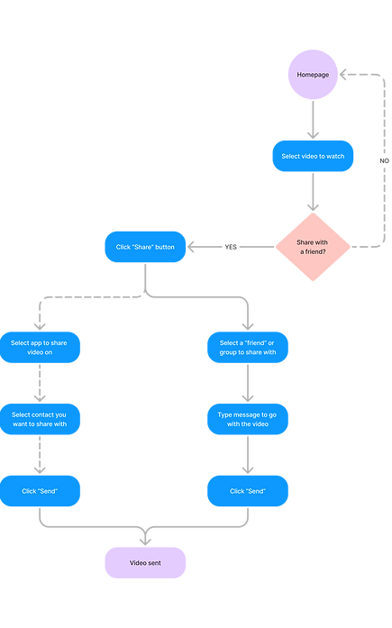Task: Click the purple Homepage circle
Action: (x=314, y=75)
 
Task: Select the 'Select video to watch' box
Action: (x=314, y=156)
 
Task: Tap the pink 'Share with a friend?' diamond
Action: (x=314, y=245)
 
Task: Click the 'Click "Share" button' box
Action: (x=146, y=246)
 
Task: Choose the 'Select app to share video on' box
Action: (x=41, y=348)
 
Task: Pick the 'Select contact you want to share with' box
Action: (x=41, y=419)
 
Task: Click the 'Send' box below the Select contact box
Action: (x=41, y=490)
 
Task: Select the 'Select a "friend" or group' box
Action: (x=248, y=348)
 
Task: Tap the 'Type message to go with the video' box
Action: (x=248, y=419)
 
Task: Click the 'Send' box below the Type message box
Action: (x=248, y=490)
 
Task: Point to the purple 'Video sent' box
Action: (x=145, y=563)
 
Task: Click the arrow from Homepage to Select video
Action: (x=314, y=118)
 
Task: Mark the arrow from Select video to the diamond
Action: (x=314, y=192)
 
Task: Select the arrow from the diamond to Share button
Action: (x=216, y=246)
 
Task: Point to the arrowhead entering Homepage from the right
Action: (x=346, y=76)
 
